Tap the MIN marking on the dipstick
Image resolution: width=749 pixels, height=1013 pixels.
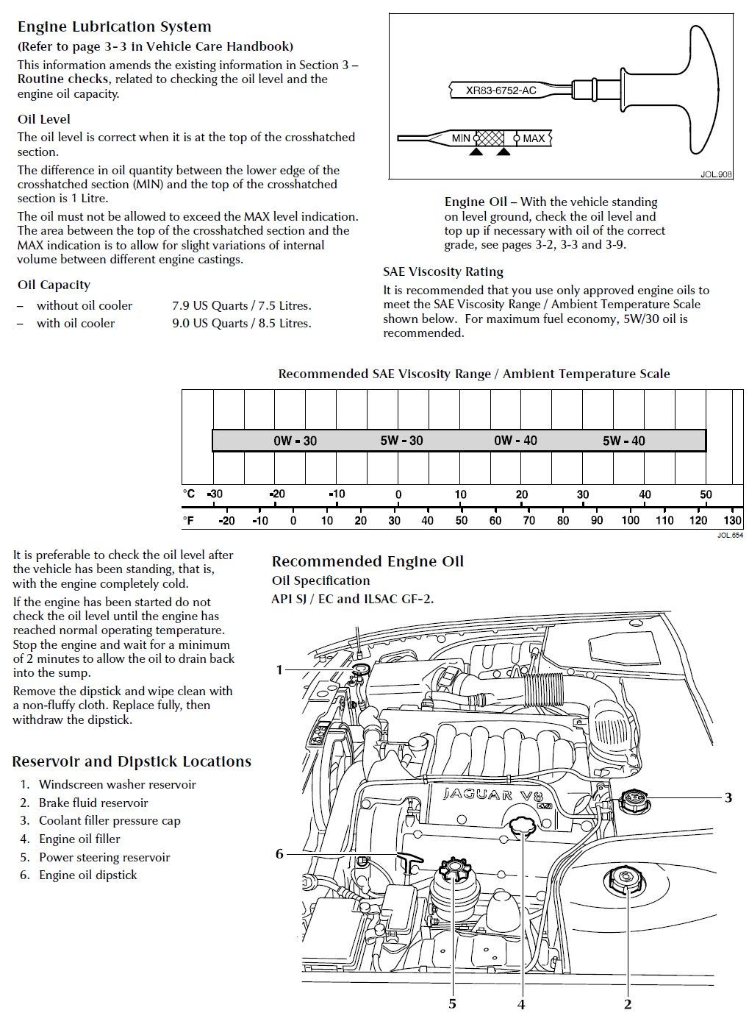tap(461, 138)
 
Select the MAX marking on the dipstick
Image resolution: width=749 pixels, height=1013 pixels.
tap(534, 138)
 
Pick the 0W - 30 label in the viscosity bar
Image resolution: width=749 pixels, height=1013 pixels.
tap(295, 441)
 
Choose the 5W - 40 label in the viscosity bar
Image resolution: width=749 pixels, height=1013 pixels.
tap(623, 441)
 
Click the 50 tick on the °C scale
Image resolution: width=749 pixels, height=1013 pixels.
tap(706, 494)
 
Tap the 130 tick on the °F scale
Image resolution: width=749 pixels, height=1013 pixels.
tap(733, 521)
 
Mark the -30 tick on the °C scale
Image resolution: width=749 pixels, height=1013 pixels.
tap(215, 494)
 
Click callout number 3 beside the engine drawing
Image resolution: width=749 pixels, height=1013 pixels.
tap(728, 797)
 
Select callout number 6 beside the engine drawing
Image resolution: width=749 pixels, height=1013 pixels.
tap(279, 854)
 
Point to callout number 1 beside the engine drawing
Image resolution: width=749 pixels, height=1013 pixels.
tap(279, 669)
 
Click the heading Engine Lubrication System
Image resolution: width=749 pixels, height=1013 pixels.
tap(114, 27)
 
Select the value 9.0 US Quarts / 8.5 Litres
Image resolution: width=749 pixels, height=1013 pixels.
tap(241, 324)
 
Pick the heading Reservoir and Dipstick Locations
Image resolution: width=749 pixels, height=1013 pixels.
tap(132, 762)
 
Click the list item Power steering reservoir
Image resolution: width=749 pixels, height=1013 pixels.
tap(104, 858)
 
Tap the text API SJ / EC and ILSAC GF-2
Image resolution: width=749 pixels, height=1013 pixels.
tap(353, 599)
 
